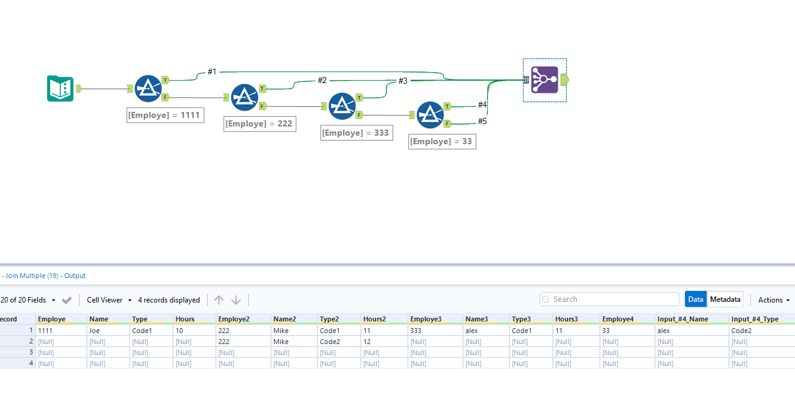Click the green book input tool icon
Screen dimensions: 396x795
(x=60, y=89)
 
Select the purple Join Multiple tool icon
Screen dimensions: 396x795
(x=544, y=80)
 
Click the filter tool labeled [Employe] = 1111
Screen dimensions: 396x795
(x=147, y=89)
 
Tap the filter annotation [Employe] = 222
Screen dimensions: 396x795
(x=259, y=124)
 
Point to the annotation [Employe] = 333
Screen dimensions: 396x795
(x=355, y=133)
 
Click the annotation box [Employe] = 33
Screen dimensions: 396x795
(x=441, y=142)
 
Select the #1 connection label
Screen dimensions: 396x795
(x=212, y=72)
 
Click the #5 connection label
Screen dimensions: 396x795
(x=483, y=122)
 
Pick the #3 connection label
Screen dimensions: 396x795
(x=403, y=81)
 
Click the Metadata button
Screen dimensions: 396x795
(x=725, y=299)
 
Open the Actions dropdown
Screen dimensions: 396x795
(x=774, y=300)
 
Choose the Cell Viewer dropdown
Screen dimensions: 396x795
(x=109, y=300)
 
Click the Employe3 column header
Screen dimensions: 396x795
(x=426, y=319)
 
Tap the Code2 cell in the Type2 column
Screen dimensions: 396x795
(x=330, y=342)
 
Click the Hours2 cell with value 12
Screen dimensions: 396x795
(x=368, y=342)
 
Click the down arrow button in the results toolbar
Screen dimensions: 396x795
(x=236, y=300)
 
